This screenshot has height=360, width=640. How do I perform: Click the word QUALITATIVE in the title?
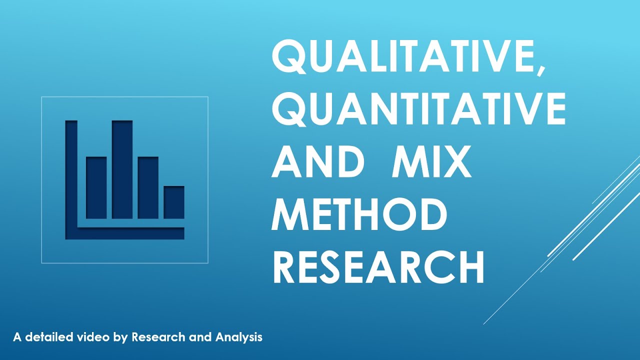[x=402, y=58]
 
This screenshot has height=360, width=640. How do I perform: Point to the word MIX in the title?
[x=431, y=162]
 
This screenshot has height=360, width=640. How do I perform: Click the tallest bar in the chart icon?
[x=122, y=169]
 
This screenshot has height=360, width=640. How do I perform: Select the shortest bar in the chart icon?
[x=174, y=202]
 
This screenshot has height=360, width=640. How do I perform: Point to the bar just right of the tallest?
[x=148, y=188]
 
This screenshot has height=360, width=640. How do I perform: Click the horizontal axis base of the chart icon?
[x=131, y=233]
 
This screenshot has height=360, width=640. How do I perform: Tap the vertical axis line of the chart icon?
[x=71, y=175]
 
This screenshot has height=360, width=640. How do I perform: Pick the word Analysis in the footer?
[x=239, y=338]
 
